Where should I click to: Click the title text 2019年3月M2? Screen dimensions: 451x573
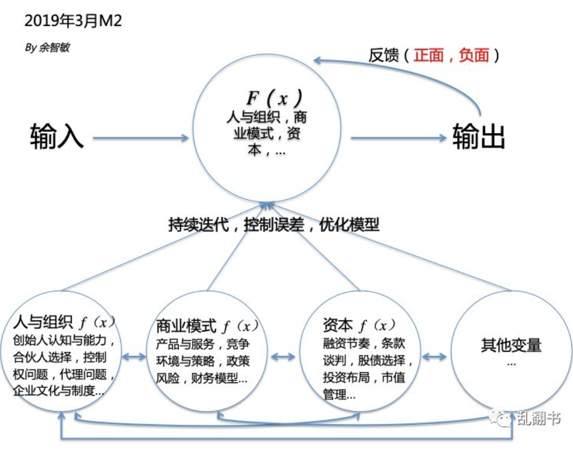[x=73, y=21]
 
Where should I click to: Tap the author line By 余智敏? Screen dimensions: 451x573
[x=47, y=47]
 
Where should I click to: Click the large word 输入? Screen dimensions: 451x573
[x=56, y=136]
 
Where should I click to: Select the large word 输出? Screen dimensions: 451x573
[x=479, y=136]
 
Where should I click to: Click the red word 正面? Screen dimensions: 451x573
[x=428, y=55]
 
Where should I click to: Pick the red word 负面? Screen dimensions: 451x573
[x=474, y=55]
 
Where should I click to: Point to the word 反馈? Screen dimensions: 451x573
[x=384, y=55]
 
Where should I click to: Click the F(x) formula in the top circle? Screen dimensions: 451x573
[x=274, y=98]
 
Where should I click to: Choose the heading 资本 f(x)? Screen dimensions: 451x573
[x=359, y=324]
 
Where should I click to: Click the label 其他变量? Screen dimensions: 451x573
[x=511, y=344]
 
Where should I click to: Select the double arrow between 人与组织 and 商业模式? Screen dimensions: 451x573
[x=135, y=356]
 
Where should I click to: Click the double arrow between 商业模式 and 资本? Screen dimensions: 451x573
[x=284, y=356]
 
